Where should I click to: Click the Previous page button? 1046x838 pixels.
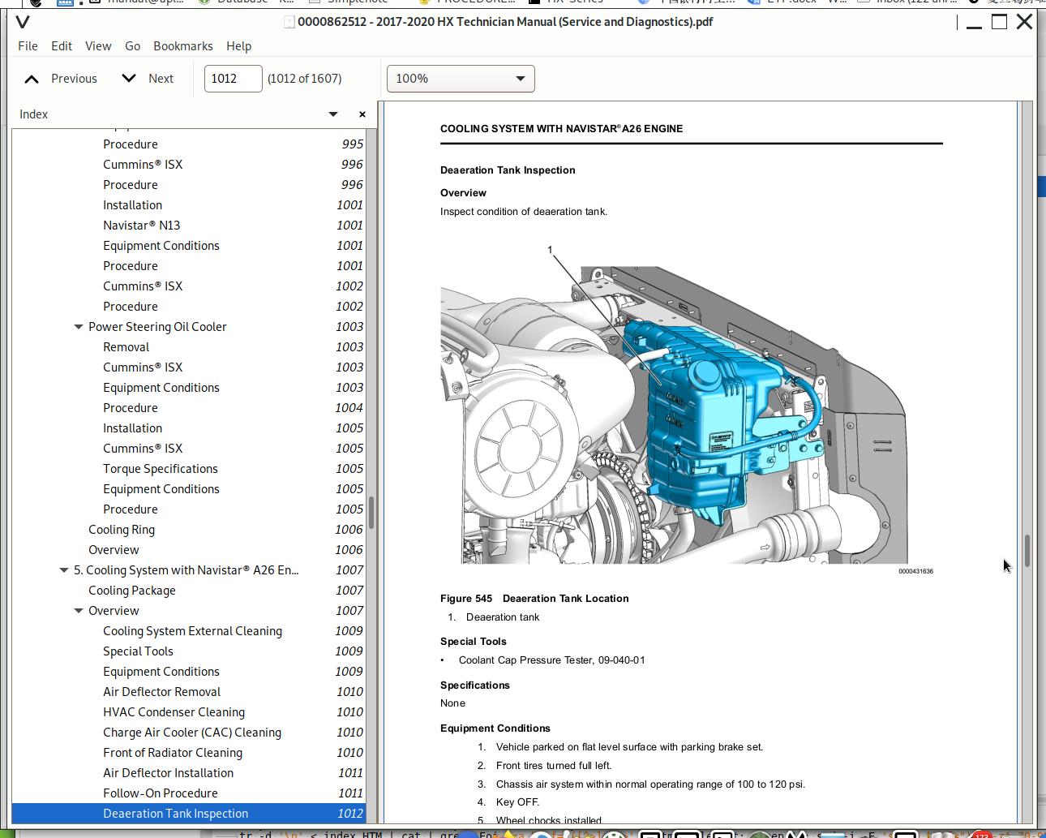point(61,79)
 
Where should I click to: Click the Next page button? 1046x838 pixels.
point(148,79)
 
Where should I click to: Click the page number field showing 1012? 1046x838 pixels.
point(233,79)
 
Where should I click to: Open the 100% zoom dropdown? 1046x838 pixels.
point(461,79)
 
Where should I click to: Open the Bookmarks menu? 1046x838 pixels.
point(183,46)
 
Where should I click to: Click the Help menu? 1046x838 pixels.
point(238,46)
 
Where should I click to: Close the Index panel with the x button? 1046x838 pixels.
point(362,114)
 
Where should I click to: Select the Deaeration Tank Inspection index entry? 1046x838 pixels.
point(176,814)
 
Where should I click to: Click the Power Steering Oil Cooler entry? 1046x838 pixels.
point(157,327)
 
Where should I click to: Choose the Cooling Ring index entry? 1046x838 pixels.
point(122,530)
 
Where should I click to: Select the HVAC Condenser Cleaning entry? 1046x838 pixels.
point(174,712)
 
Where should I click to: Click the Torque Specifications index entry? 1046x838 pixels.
point(161,469)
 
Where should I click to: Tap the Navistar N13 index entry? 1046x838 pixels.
point(141,226)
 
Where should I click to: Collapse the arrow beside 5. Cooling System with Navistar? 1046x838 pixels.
point(64,570)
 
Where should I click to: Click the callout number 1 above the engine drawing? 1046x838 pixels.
point(550,250)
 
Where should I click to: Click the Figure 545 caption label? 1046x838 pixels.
point(466,599)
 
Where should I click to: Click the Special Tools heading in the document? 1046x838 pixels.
point(474,642)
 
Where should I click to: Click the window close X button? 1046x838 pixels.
point(1024,22)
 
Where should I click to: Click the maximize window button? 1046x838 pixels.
point(999,22)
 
